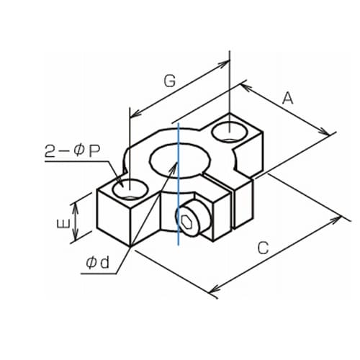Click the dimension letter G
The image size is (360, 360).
pyautogui.click(x=170, y=81)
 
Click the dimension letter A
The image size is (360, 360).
pyautogui.click(x=287, y=99)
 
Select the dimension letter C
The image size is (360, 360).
pyautogui.click(x=263, y=248)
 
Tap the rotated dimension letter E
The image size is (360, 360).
pyautogui.click(x=63, y=224)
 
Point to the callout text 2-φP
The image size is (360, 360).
pyautogui.click(x=72, y=151)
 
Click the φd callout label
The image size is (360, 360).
pyautogui.click(x=98, y=263)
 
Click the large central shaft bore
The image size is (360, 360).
pyautogui.click(x=179, y=161)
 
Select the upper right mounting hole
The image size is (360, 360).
pyautogui.click(x=230, y=132)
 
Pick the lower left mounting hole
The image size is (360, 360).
pyautogui.click(x=130, y=189)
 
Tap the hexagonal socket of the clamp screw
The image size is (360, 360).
pyautogui.click(x=186, y=221)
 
